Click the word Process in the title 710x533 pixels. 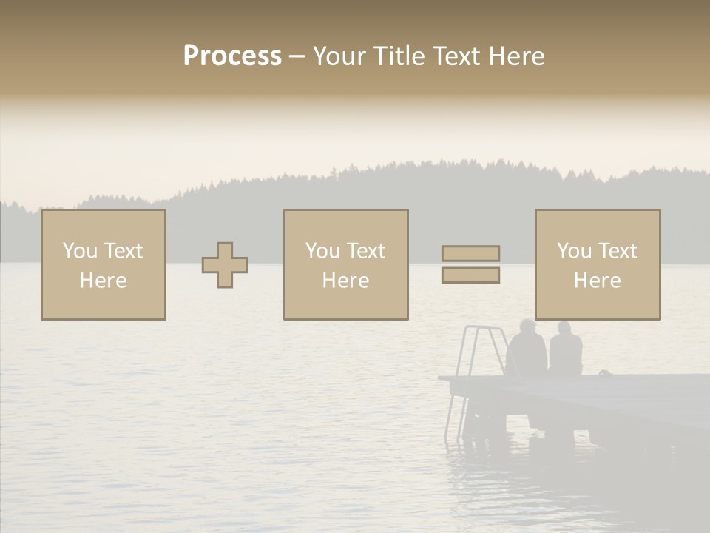click(x=232, y=56)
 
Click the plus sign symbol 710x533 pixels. click(x=225, y=265)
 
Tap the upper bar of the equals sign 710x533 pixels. click(x=470, y=253)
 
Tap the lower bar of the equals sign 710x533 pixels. click(x=470, y=275)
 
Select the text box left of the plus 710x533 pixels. click(x=104, y=265)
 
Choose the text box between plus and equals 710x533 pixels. click(x=346, y=265)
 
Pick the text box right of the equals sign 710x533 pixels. click(x=598, y=265)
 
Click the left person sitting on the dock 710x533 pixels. click(x=527, y=352)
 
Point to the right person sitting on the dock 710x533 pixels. click(x=566, y=352)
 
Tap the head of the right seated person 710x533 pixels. click(x=564, y=328)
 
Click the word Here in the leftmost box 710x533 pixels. click(x=104, y=281)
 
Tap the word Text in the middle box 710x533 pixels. click(x=367, y=251)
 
